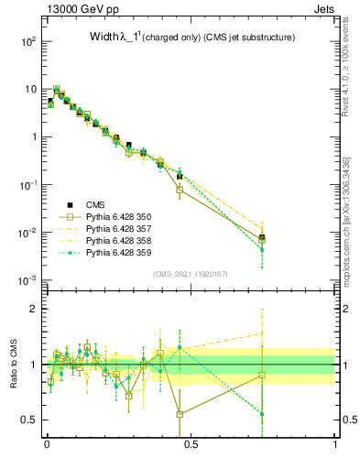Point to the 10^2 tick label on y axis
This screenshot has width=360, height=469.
(27, 42)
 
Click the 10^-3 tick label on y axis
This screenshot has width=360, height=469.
(27, 280)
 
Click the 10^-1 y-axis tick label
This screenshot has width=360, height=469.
(27, 185)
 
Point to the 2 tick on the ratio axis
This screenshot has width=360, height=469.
(35, 309)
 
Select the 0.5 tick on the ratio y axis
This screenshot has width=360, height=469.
(29, 420)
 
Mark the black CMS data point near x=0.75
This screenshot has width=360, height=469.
(262, 237)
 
